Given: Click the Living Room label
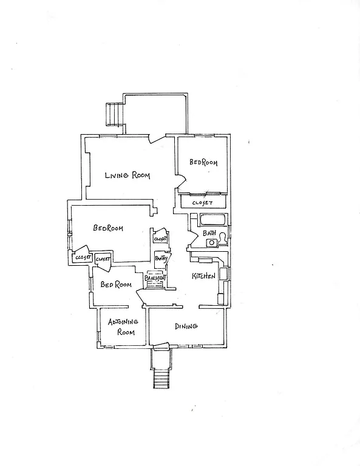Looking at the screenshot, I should [127, 175].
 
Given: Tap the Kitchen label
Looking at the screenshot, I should [204, 276].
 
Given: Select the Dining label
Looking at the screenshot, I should [186, 326].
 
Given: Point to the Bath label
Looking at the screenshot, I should [209, 233].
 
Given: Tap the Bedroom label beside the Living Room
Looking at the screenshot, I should [203, 163].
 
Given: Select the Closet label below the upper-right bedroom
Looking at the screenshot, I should [202, 203].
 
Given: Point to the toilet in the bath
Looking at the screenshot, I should [223, 238].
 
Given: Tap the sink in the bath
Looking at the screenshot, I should [211, 243].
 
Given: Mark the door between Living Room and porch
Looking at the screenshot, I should [157, 138].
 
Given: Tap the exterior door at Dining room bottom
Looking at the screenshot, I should [161, 347].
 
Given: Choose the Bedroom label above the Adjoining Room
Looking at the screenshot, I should [116, 285].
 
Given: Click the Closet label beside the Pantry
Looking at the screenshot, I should [160, 239].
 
